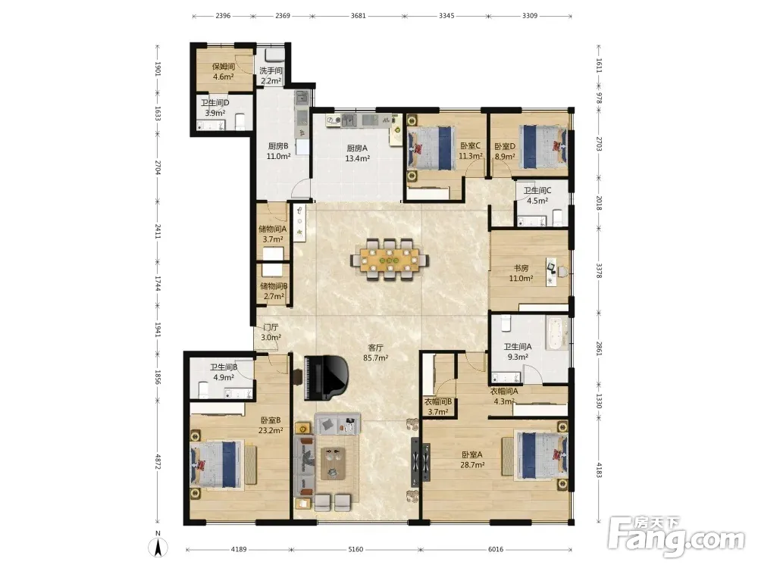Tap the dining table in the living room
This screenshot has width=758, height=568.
[x=390, y=260]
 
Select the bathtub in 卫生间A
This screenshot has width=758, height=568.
[x=557, y=332]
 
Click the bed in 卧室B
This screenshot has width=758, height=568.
[x=216, y=464]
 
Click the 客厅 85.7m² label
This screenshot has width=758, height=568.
[x=376, y=353]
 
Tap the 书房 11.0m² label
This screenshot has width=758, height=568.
[x=521, y=273]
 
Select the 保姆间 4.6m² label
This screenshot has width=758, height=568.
[x=224, y=71]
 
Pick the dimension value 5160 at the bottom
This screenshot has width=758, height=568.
[x=356, y=549]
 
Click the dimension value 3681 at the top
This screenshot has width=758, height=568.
[x=359, y=15]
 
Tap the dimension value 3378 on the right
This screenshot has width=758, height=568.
[x=599, y=270]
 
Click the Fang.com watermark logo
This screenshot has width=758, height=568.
[x=677, y=536]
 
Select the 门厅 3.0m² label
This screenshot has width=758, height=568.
[x=271, y=332]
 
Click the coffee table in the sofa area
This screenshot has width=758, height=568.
[x=333, y=463]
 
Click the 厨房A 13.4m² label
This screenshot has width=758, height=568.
[x=357, y=153]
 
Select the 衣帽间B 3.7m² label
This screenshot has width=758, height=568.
[x=438, y=407]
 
